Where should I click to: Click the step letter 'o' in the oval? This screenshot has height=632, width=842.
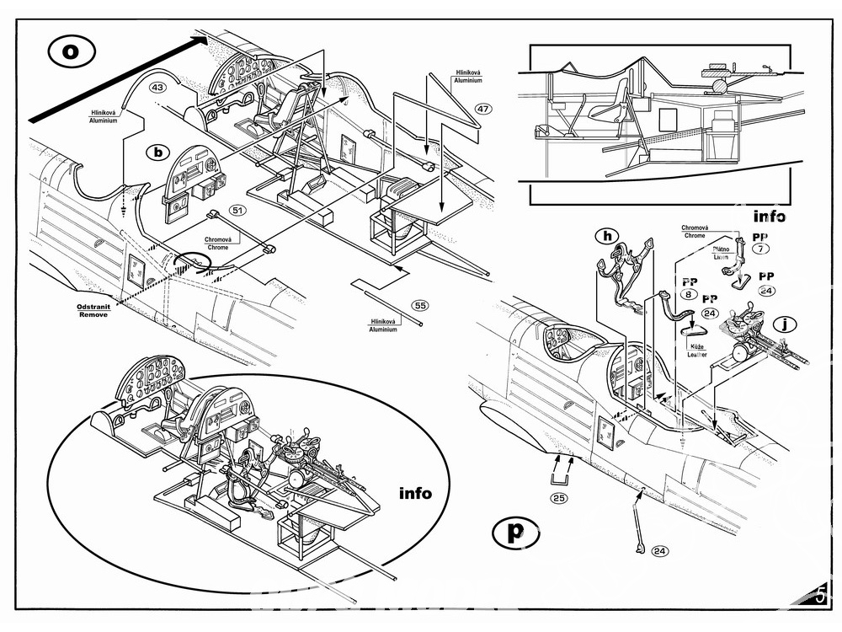point(72,51)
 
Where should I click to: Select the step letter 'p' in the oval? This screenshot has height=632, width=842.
point(515,532)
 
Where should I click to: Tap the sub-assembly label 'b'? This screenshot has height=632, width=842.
point(158,152)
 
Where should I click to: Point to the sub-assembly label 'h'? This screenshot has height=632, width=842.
point(607,235)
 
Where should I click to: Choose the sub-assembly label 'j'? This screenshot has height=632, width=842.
point(785,324)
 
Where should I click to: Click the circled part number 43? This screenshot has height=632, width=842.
point(158,87)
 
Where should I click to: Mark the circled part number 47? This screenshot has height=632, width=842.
point(483,109)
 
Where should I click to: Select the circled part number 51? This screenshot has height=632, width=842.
point(237,210)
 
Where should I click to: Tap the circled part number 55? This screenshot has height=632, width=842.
point(420,305)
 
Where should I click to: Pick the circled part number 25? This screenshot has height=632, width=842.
point(559,498)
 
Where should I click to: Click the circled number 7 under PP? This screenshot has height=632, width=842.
point(760,249)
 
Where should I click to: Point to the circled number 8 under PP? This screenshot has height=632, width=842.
point(689,294)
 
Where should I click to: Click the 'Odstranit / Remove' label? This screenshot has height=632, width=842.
point(93,311)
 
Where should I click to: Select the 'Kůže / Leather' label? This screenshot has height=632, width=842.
point(697,351)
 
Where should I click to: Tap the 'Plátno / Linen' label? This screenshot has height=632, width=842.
point(721,253)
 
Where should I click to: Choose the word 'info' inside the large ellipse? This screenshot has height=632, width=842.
point(415,493)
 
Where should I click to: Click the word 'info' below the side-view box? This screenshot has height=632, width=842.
point(769,216)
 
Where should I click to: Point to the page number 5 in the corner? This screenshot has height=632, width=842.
point(820,596)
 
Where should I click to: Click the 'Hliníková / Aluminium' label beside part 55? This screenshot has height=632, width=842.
point(383,325)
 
